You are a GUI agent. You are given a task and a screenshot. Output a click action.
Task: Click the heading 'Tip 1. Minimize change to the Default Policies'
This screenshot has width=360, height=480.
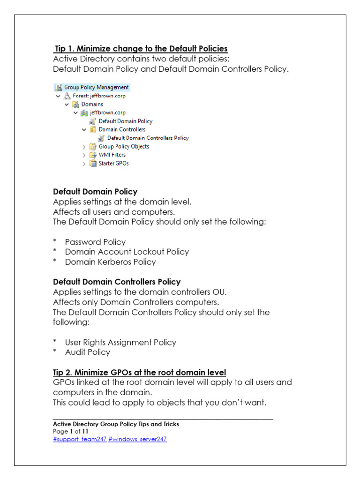tap(141, 48)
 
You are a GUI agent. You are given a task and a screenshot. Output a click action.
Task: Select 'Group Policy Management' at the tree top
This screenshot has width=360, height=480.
tap(96, 87)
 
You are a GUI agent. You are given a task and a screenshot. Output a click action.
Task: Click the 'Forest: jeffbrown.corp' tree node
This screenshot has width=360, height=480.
tap(99, 96)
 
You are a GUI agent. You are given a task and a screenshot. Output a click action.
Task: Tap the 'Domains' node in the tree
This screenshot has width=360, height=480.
tap(92, 104)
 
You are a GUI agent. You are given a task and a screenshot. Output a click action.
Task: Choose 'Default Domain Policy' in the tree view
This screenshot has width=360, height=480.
tap(125, 121)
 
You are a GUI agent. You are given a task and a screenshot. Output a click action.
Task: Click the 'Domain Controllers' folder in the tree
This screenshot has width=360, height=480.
tap(122, 129)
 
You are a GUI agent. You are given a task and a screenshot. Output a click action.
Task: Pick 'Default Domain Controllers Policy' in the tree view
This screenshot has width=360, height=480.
tap(148, 138)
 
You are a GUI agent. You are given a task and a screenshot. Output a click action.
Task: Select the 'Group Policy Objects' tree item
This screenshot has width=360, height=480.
tap(124, 146)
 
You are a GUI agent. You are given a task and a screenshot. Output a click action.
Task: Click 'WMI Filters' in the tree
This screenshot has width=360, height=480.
tap(112, 155)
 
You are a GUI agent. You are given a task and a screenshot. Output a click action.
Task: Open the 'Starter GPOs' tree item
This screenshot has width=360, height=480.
tap(113, 164)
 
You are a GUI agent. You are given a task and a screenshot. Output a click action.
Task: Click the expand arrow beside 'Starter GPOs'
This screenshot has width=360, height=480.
tap(84, 164)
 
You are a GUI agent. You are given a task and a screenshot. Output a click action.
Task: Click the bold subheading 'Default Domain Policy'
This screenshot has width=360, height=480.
tap(95, 191)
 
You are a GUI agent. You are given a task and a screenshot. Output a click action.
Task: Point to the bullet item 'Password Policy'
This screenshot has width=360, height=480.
tap(95, 242)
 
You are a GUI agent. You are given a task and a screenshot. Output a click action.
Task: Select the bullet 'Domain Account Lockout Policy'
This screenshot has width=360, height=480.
tap(127, 252)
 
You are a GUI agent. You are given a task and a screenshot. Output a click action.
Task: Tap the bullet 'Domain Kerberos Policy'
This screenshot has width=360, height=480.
tap(110, 262)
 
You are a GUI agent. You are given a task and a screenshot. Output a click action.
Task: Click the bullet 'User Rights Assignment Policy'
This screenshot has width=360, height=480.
tap(120, 342)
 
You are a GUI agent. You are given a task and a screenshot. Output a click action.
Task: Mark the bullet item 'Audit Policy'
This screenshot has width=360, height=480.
tap(88, 352)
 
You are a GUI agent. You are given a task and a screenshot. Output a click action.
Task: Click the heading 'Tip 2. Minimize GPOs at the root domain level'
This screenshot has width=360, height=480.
tap(139, 372)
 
